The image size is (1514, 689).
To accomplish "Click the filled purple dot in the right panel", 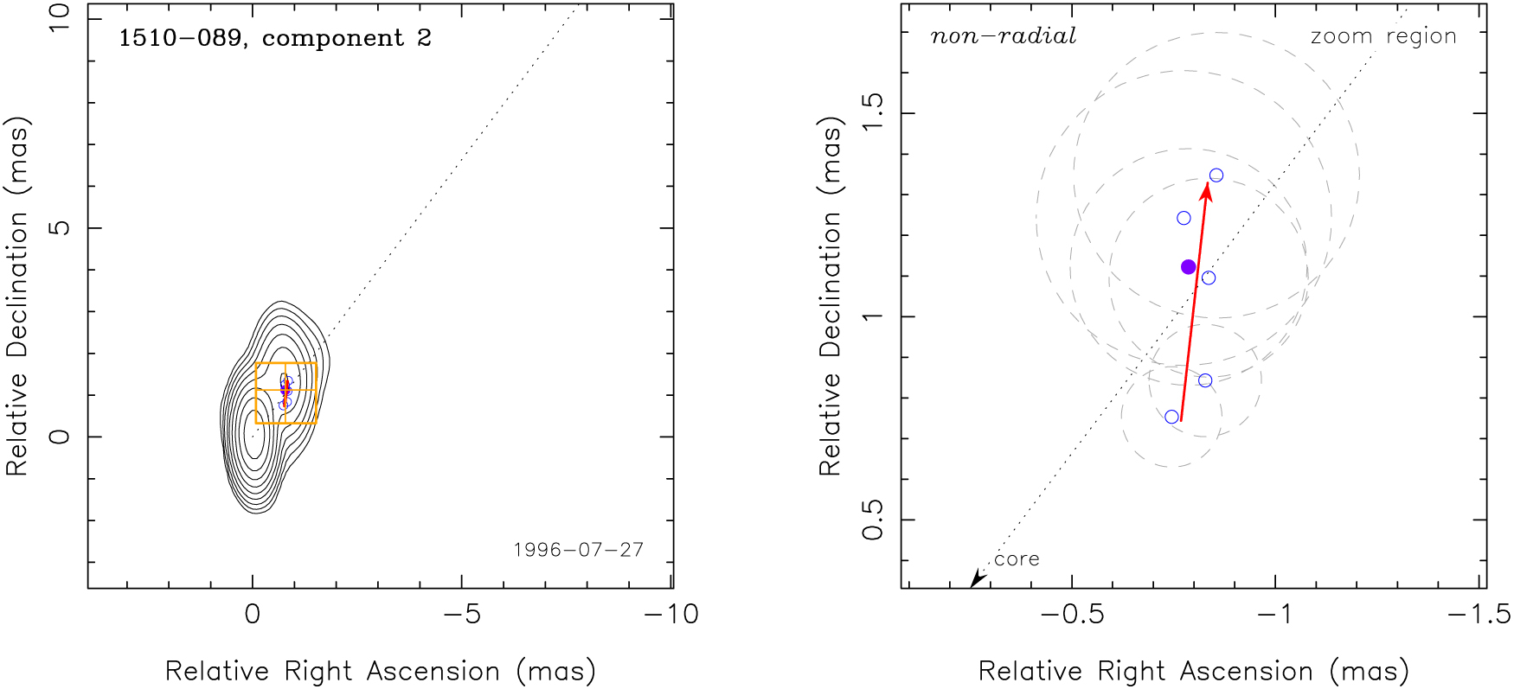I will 1189,267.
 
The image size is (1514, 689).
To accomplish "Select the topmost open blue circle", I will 1216,175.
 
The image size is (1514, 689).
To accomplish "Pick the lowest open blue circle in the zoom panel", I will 1172,417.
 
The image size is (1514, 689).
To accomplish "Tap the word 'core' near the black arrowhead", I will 1017,559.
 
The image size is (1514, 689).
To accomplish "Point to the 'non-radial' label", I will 1003,36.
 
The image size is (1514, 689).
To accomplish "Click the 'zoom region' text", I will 1383,36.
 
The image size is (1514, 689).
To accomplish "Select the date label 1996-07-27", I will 579,550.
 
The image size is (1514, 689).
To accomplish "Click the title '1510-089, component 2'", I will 274,38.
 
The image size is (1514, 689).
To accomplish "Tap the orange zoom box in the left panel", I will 286,364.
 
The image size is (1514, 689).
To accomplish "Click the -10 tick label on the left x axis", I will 671,615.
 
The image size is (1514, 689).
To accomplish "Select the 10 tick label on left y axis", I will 59,18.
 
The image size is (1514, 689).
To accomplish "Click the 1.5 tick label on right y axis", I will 872,112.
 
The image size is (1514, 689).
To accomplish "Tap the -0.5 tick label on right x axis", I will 1072,615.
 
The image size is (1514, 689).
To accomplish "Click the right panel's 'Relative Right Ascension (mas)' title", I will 1194,671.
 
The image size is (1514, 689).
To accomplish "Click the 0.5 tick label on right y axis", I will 872,519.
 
